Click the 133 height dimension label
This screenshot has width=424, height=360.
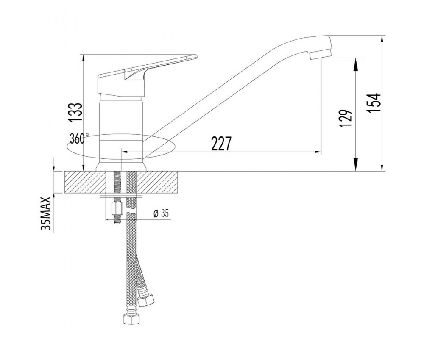tap(75, 112)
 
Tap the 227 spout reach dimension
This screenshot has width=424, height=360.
tap(221, 144)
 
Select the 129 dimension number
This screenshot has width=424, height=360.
tap(347, 119)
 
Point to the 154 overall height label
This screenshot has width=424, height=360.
tap(374, 103)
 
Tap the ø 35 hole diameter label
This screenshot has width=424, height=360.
tap(161, 214)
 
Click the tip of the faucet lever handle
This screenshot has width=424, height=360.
tap(197, 56)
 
